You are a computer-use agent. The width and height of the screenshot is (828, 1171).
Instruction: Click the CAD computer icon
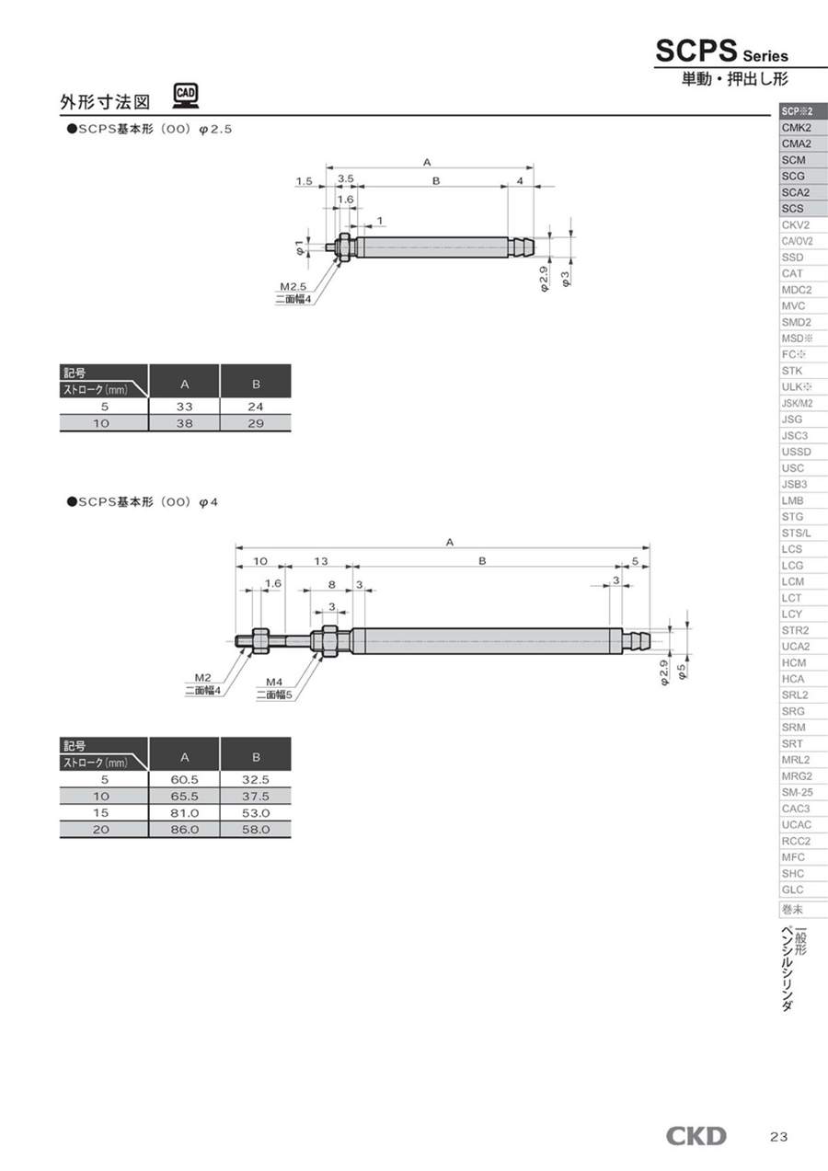186,97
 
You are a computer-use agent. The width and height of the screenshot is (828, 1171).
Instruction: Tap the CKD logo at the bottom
696,1136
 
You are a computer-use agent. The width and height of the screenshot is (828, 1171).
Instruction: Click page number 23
778,1137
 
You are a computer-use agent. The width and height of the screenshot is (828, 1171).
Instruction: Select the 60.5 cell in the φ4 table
185,779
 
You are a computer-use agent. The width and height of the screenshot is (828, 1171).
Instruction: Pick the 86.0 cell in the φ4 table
185,830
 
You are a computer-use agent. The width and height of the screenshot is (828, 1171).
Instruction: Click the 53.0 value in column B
256,813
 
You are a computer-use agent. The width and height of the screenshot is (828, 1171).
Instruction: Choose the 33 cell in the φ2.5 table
185,407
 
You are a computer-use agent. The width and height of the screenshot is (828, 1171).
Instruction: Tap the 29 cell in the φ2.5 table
256,423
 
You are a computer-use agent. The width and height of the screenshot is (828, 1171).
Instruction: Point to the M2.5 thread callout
293,286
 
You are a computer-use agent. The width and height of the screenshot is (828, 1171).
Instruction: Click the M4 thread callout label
274,682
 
